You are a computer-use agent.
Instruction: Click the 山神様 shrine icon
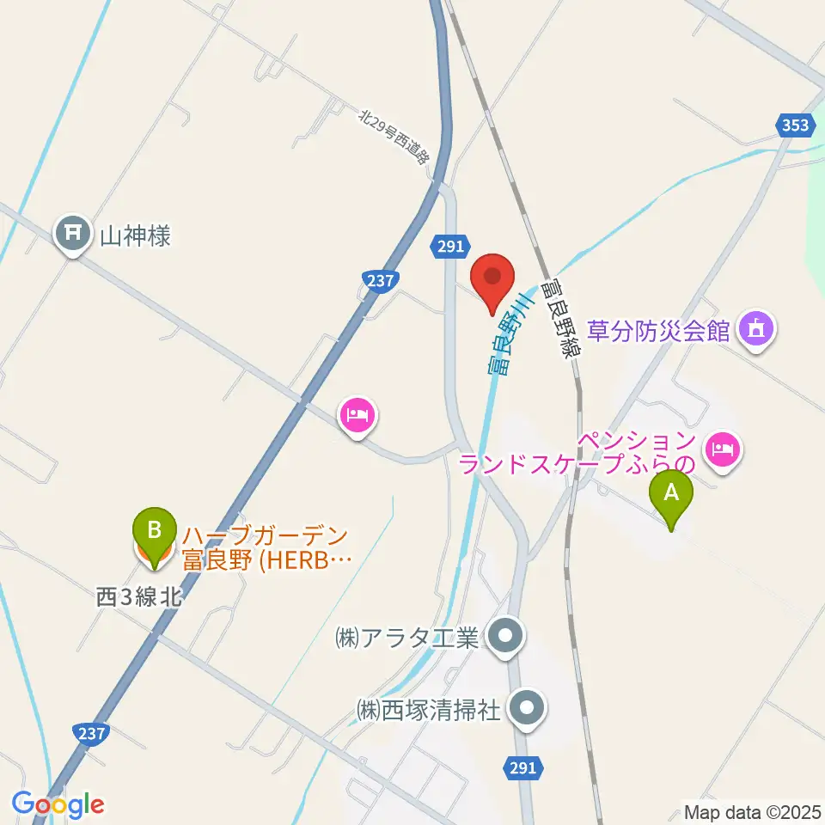point(73,234)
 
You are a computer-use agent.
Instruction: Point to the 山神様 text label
point(136,235)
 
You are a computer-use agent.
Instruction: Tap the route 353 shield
point(796,125)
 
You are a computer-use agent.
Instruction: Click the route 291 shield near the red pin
point(448,247)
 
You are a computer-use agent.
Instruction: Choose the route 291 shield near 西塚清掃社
point(526,768)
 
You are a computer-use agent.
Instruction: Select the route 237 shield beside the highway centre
point(382,280)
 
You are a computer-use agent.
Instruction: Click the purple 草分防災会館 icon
point(755,329)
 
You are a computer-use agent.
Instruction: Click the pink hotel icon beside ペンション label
point(723,449)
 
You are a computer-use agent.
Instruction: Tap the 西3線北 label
point(138,596)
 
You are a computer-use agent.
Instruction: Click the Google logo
point(58,804)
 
